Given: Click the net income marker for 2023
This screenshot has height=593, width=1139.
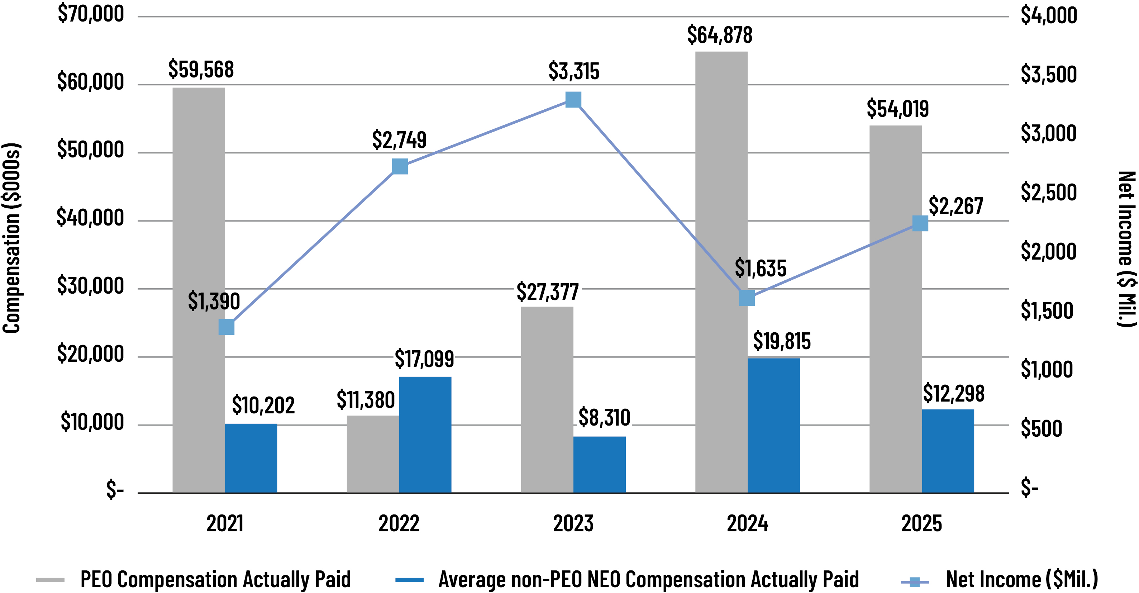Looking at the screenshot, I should [573, 100].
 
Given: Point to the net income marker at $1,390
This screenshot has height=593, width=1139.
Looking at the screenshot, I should [227, 327].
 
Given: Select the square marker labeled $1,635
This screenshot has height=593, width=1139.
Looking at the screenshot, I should [747, 298].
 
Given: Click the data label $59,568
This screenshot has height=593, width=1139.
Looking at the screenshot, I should [201, 70].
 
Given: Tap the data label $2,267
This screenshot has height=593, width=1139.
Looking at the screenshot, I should [955, 206].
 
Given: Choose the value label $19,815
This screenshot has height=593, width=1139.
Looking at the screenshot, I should [781, 341].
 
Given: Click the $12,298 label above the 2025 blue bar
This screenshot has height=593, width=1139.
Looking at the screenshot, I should [953, 394].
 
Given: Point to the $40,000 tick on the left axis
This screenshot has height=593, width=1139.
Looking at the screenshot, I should [90, 218].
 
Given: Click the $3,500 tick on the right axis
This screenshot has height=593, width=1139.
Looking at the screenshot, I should [1048, 74].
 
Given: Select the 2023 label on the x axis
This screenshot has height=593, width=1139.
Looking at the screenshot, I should [573, 523].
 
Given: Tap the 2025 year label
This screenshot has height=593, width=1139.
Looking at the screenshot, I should [921, 523].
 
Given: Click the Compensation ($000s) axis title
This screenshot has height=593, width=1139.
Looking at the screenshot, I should [12, 238].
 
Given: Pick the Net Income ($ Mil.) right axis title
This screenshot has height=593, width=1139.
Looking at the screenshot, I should [1126, 248].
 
